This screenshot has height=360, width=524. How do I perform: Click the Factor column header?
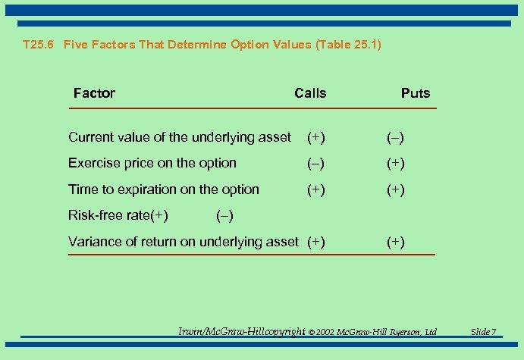(94, 93)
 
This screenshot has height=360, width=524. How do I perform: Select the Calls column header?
(310, 93)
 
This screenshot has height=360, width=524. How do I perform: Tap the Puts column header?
(415, 93)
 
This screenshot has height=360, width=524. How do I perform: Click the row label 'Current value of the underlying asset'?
(179, 137)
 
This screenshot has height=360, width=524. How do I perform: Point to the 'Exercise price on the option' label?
(152, 163)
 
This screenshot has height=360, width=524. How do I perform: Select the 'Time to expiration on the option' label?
(163, 189)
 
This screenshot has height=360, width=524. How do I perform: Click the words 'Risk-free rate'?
(109, 215)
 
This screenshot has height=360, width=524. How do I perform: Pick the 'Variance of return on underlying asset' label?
(183, 242)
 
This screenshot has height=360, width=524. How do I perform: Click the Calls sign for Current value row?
(316, 138)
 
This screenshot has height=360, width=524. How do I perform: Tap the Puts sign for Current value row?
(395, 138)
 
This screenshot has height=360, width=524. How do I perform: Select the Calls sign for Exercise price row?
(316, 164)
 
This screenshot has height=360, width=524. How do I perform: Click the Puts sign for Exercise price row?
(395, 164)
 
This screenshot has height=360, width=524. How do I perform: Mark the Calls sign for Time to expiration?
(316, 190)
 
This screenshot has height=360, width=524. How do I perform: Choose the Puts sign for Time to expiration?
(395, 190)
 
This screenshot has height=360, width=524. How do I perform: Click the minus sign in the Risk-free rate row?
(224, 216)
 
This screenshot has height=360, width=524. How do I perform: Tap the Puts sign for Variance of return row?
(395, 243)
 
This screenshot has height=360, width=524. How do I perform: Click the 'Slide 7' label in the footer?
(483, 332)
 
